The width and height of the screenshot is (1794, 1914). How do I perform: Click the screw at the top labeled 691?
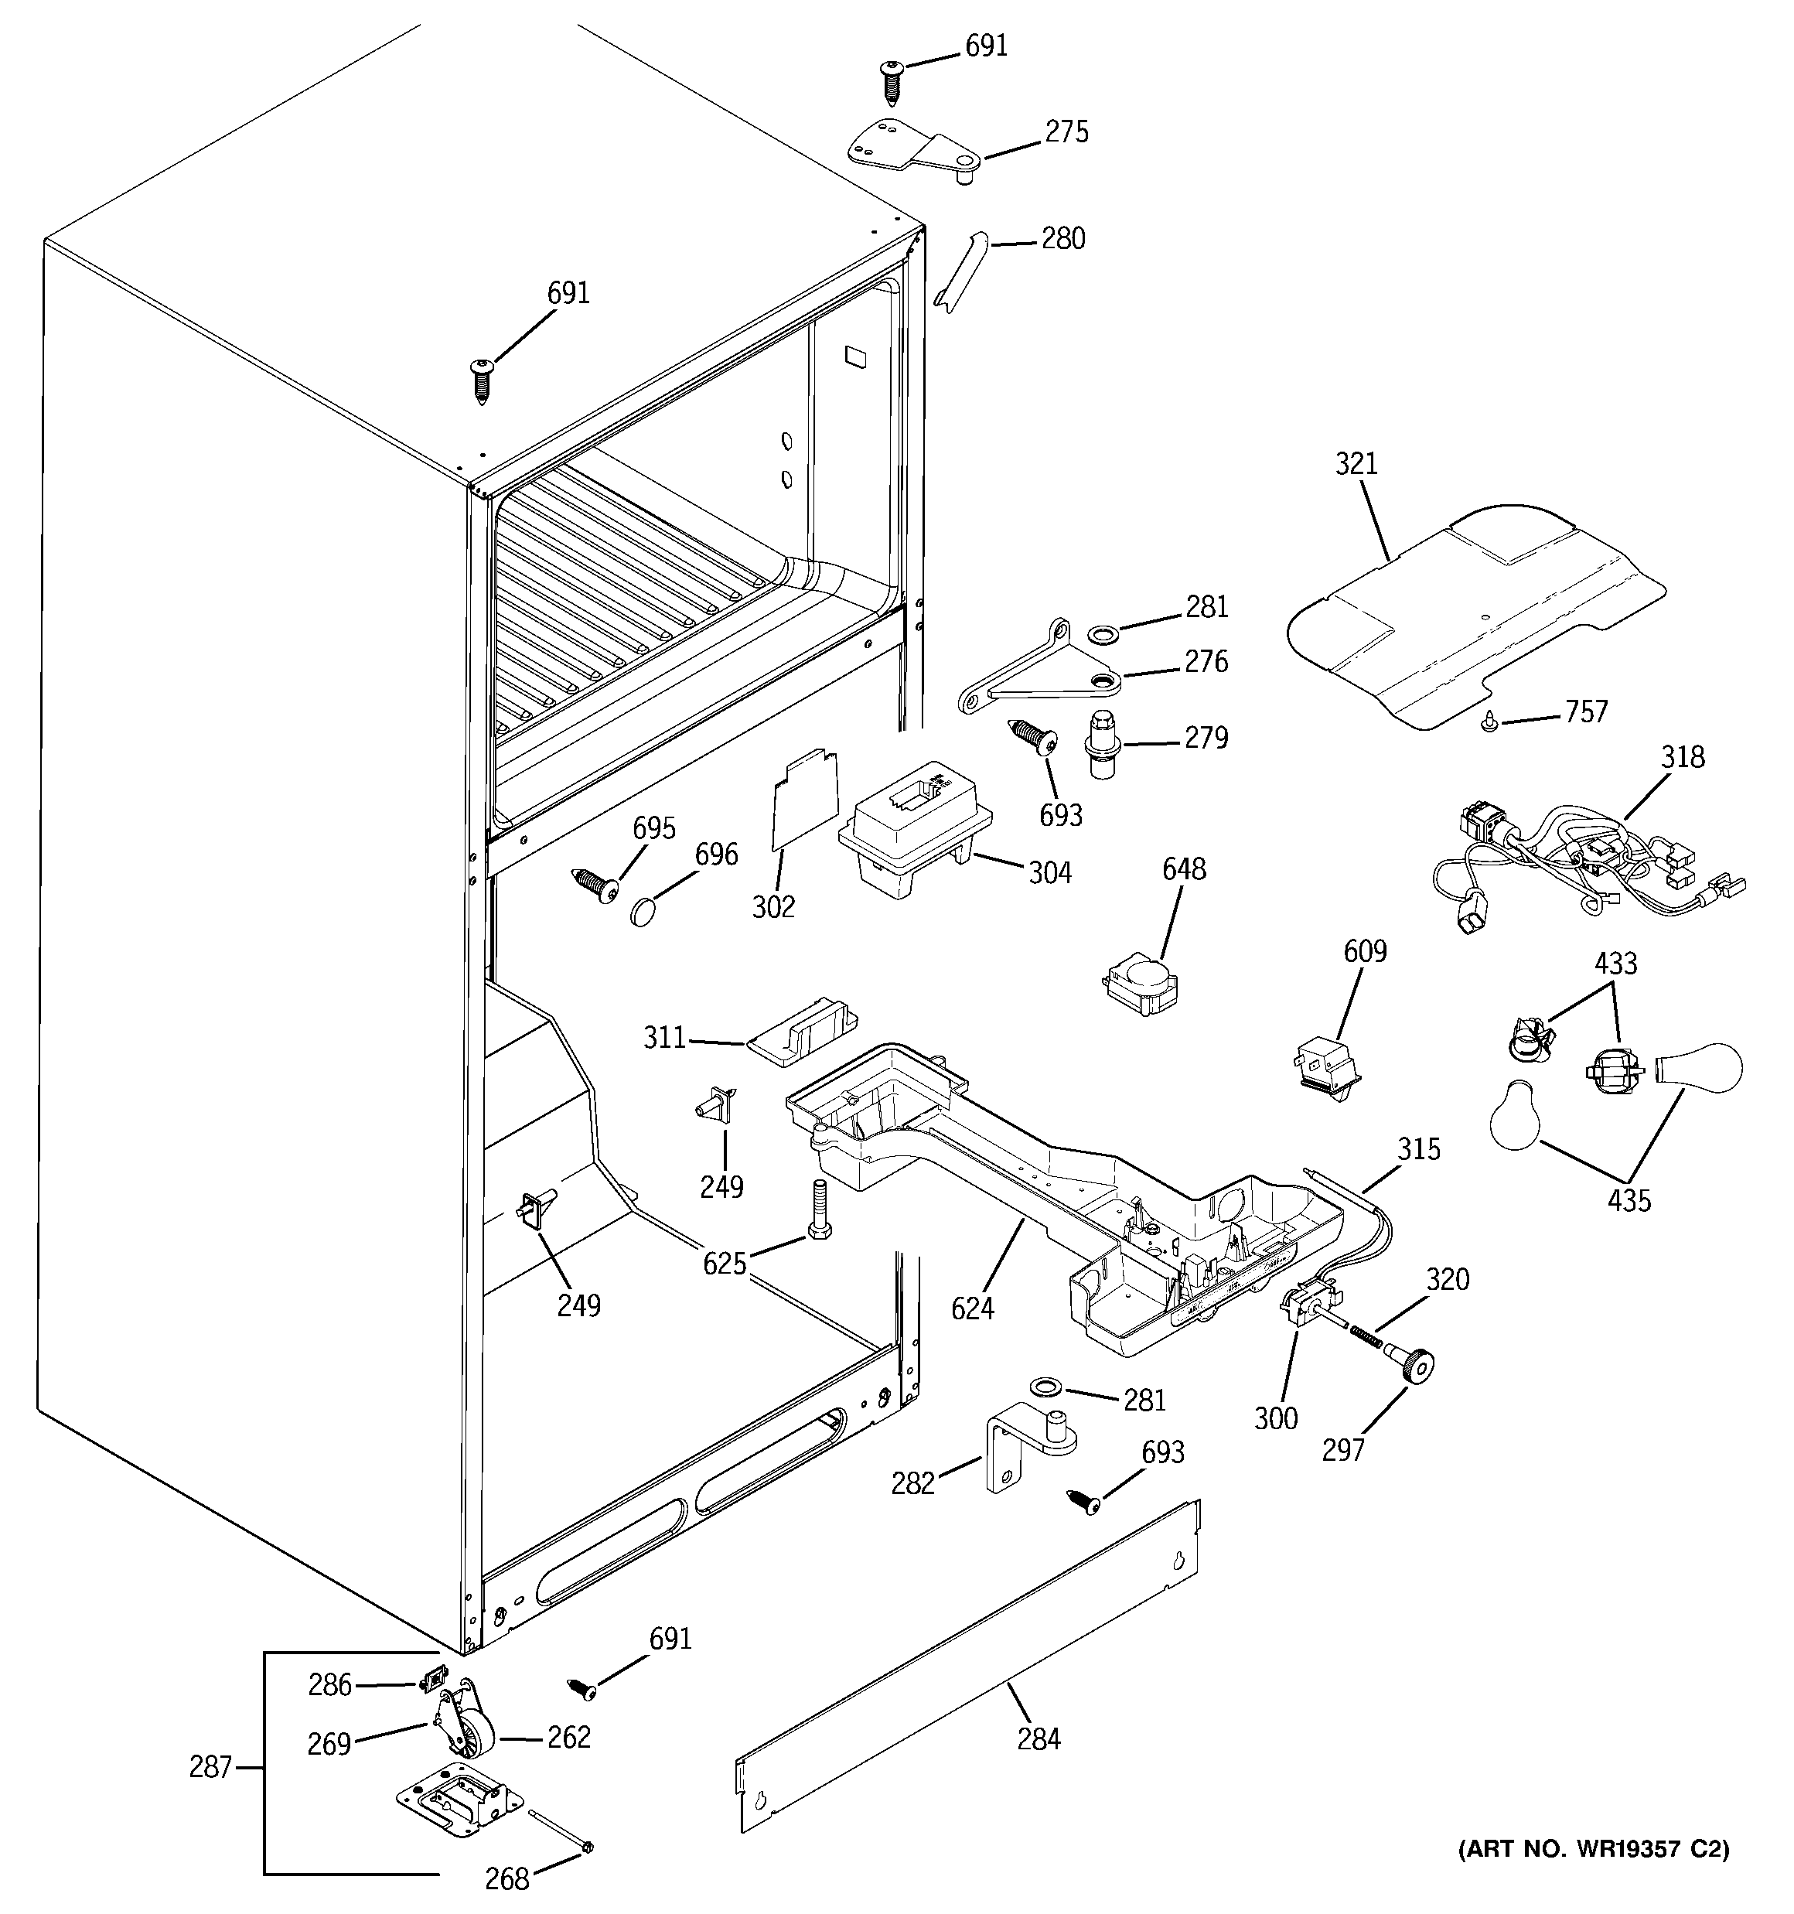tap(891, 81)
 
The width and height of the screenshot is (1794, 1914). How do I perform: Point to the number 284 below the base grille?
tap(1038, 1738)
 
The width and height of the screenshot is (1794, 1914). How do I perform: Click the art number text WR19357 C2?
tap(1594, 1848)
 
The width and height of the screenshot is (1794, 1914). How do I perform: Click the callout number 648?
tap(1183, 869)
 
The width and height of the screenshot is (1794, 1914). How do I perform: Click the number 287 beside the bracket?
tap(210, 1767)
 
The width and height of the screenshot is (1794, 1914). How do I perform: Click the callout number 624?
tap(972, 1308)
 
